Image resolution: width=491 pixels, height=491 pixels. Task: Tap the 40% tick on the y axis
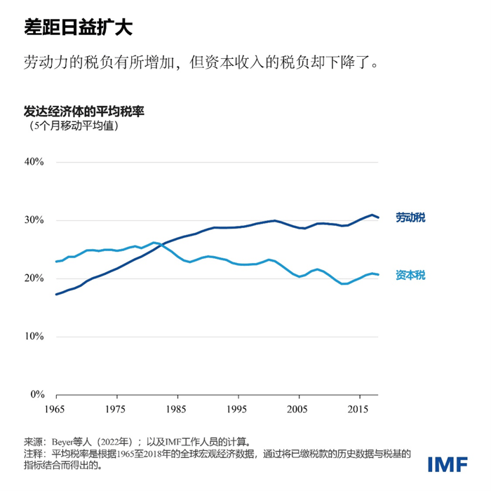pyautogui.click(x=34, y=162)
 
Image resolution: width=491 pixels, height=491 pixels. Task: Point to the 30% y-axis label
pyautogui.click(x=34, y=220)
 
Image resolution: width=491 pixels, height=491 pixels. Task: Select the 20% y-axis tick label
pyautogui.click(x=34, y=278)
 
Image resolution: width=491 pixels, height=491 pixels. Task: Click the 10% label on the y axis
pyautogui.click(x=34, y=337)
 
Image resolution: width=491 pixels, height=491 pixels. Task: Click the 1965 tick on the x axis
pyautogui.click(x=55, y=408)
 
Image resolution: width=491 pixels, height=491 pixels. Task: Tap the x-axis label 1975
pyautogui.click(x=116, y=408)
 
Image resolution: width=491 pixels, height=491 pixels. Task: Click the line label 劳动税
pyautogui.click(x=410, y=217)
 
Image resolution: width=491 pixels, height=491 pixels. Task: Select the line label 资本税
pyautogui.click(x=410, y=275)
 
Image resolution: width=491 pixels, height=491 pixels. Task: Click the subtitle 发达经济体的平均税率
pyautogui.click(x=84, y=112)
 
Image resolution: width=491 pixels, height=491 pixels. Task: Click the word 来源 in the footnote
pyautogui.click(x=33, y=443)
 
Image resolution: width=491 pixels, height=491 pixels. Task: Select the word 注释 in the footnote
pyautogui.click(x=33, y=454)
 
